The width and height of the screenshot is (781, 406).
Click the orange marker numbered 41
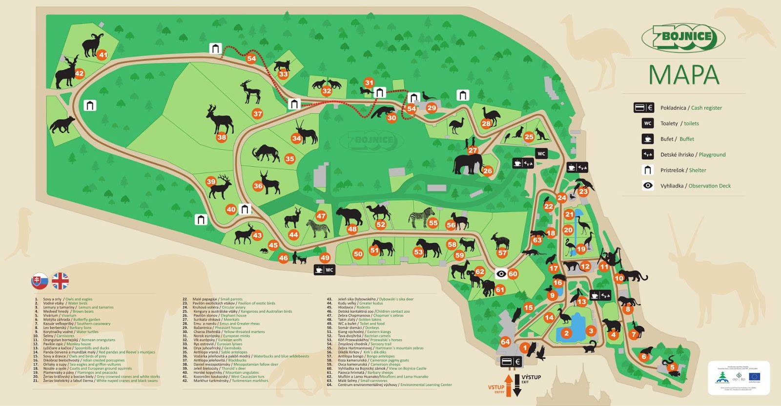[x=102, y=55]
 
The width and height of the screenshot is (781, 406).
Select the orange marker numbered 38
[x=222, y=137]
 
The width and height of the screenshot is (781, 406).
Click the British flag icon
[x=61, y=281]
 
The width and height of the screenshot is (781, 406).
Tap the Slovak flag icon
[x=40, y=281]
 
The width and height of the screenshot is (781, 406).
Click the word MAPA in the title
[x=683, y=75]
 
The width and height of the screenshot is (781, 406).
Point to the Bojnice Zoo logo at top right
[x=683, y=38]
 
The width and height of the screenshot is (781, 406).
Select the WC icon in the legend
[x=648, y=123]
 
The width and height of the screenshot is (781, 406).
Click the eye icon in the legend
[x=648, y=185]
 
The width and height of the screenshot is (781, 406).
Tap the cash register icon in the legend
[x=643, y=108]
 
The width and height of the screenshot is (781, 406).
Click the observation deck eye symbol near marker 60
[x=501, y=274]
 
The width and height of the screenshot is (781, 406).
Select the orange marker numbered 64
[x=505, y=342]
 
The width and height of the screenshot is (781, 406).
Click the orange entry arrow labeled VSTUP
[x=508, y=384]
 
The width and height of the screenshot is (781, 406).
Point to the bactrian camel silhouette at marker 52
[x=378, y=212]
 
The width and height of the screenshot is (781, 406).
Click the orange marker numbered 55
[x=433, y=223]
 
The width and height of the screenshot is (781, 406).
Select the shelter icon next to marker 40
[x=245, y=209]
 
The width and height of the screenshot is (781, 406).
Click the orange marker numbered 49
[x=325, y=257]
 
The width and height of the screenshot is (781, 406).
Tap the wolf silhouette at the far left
[x=62, y=124]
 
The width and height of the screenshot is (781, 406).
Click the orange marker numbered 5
[x=672, y=367]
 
